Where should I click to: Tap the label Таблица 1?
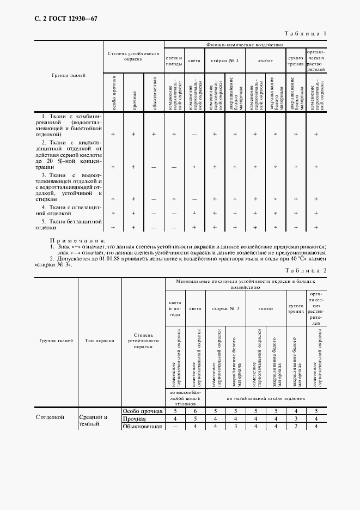(x=305, y=34)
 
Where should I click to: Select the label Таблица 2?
(x=305, y=271)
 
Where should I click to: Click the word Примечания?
(x=77, y=240)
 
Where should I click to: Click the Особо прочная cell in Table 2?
(x=143, y=411)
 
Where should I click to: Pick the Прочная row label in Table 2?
(x=135, y=418)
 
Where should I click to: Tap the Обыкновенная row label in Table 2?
(x=143, y=426)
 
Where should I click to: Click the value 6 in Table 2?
(x=195, y=411)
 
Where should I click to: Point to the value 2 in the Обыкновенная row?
(x=295, y=426)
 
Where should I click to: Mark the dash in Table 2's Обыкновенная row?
(x=174, y=426)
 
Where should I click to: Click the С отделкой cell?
(x=51, y=417)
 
